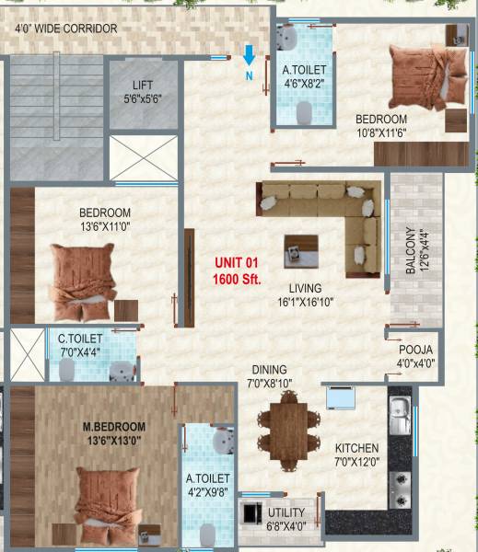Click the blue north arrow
pyautogui.click(x=249, y=56)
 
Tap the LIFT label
pyautogui.click(x=141, y=84)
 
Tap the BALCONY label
pyautogui.click(x=410, y=250)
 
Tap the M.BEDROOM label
pyautogui.click(x=114, y=427)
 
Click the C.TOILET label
pyautogui.click(x=80, y=339)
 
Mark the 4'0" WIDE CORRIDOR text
pyautogui.click(x=66, y=29)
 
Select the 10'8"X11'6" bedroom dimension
pyautogui.click(x=381, y=132)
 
